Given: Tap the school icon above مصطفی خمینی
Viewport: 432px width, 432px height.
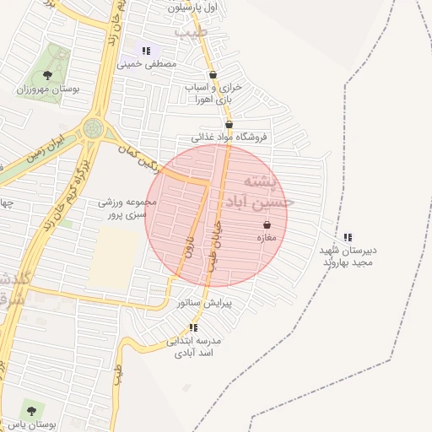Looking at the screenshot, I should click(146, 51).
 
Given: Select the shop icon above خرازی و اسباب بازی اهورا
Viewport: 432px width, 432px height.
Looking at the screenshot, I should click(212, 74).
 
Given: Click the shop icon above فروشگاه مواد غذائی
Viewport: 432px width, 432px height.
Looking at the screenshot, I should click(229, 125).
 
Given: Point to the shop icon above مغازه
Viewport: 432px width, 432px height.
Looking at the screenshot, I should click(267, 225).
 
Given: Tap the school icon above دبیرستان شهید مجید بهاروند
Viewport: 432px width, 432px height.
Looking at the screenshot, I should click(348, 238).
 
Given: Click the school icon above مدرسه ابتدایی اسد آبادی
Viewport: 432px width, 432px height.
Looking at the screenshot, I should click(193, 327).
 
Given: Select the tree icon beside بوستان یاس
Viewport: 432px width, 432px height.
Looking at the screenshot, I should click(31, 411).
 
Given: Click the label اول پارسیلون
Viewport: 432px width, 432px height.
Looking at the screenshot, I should click(192, 7).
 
